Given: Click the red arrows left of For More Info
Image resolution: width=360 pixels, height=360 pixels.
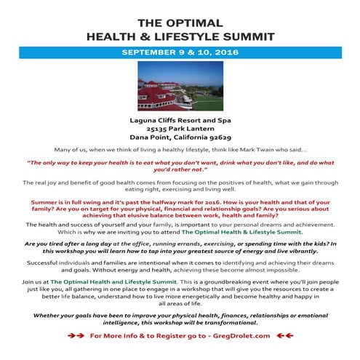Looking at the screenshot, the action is coord(74,336).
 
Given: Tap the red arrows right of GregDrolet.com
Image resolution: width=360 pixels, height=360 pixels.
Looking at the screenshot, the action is coord(284,336).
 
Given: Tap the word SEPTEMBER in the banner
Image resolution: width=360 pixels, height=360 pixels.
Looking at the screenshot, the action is coord(150,52).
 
